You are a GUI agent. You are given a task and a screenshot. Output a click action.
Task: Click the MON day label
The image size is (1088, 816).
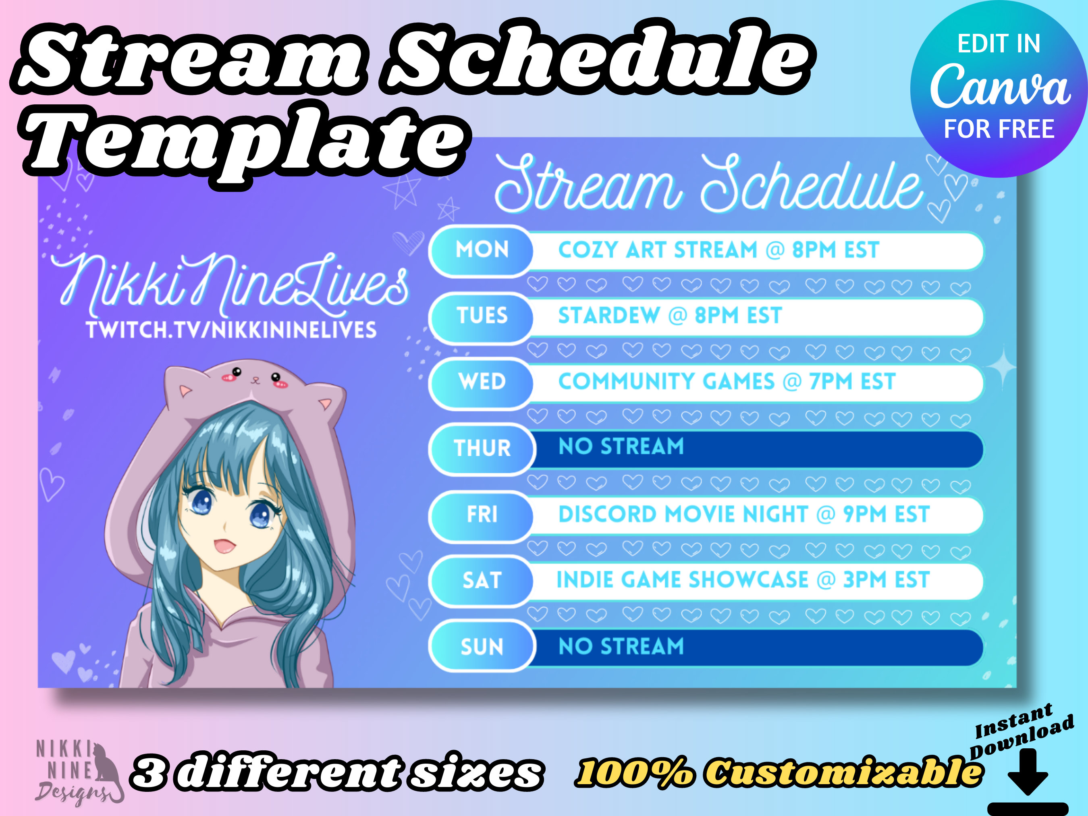[x=482, y=249]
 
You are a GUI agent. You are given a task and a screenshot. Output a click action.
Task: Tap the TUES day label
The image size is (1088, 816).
[x=482, y=315]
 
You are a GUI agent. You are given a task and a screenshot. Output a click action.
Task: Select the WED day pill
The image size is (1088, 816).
[x=481, y=382]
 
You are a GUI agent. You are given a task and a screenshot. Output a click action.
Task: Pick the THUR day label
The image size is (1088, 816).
[x=482, y=448]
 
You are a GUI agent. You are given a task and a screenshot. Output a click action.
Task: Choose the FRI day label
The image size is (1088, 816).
[x=482, y=515]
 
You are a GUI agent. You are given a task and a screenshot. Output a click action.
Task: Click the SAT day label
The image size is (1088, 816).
[x=482, y=580]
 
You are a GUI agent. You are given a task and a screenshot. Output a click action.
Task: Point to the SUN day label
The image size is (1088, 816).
[x=482, y=647]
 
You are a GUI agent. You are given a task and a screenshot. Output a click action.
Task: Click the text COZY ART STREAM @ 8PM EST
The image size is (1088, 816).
[x=718, y=250]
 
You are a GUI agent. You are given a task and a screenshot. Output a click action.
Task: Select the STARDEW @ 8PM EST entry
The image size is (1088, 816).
[x=670, y=315]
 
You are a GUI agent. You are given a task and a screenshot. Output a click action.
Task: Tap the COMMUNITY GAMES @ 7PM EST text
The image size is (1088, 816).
[x=727, y=382]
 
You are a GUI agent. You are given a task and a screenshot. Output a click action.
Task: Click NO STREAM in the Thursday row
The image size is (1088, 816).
[x=621, y=446]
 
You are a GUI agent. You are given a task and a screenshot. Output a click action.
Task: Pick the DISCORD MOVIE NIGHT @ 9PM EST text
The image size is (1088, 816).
[x=744, y=515]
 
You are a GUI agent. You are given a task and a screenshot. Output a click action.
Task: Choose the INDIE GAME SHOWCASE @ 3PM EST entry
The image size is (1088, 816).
[x=743, y=580]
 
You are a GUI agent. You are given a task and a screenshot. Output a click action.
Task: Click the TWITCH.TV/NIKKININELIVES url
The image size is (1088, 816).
[x=231, y=330]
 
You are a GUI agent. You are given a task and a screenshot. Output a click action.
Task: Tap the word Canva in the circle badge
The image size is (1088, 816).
[x=999, y=86]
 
